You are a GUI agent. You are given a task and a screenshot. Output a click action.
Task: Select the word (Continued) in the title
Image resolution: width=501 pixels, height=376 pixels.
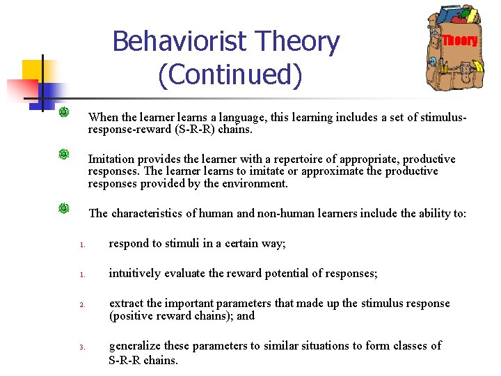(230, 75)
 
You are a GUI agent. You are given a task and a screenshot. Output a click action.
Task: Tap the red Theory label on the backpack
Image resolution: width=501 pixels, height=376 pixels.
(460, 40)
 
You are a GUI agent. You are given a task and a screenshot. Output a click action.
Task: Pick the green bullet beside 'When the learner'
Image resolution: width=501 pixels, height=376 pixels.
(63, 111)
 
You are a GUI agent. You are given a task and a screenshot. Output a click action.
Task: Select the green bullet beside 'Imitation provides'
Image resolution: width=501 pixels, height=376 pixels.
(63, 154)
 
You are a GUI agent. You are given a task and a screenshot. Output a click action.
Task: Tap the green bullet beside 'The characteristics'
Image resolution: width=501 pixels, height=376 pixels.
(63, 208)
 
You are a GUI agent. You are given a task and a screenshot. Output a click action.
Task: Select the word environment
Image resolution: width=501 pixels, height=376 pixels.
(253, 184)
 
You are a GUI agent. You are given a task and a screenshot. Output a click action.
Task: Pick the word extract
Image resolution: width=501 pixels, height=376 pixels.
(125, 304)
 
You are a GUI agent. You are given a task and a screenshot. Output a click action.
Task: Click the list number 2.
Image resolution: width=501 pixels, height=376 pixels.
(81, 305)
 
